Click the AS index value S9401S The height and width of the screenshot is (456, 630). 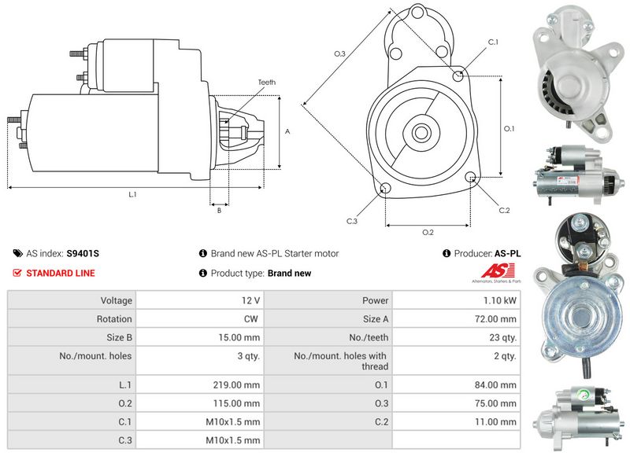click(83, 254)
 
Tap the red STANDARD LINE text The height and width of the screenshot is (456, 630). click(61, 274)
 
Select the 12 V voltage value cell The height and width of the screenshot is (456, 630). click(252, 300)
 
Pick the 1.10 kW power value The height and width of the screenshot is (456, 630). click(502, 300)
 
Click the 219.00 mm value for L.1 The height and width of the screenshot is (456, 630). click(241, 385)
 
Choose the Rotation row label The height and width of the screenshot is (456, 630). click(116, 319)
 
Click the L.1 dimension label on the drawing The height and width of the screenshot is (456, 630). click(132, 194)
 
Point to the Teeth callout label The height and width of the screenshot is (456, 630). click(266, 83)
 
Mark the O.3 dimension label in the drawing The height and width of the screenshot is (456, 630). click(339, 53)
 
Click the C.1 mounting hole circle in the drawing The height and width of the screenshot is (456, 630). click(460, 75)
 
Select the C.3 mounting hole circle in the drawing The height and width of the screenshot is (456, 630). click(385, 188)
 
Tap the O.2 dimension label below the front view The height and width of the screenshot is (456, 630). click(428, 232)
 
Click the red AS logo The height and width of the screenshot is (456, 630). click(494, 274)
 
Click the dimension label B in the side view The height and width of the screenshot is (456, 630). click(218, 210)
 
